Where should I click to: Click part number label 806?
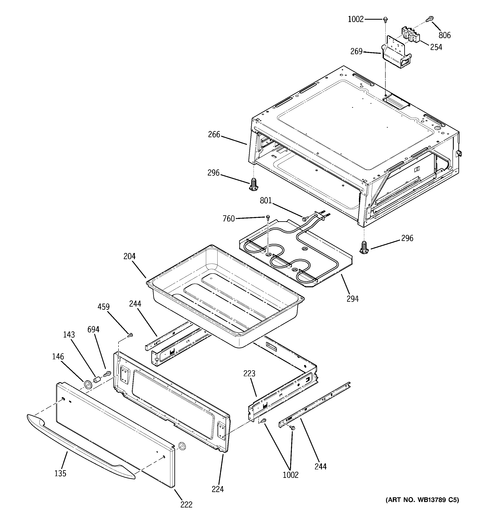click(445, 35)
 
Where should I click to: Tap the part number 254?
click(436, 47)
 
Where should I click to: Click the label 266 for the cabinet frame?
click(214, 135)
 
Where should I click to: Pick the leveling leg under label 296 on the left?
click(253, 184)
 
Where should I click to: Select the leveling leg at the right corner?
click(364, 247)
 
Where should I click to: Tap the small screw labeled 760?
click(268, 217)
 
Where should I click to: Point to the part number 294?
click(353, 299)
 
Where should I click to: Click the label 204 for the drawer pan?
click(129, 256)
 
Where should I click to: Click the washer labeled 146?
click(87, 384)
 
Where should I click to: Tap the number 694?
click(93, 329)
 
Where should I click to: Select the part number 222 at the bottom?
click(186, 505)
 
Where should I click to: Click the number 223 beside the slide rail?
click(249, 373)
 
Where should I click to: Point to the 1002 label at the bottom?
click(290, 475)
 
